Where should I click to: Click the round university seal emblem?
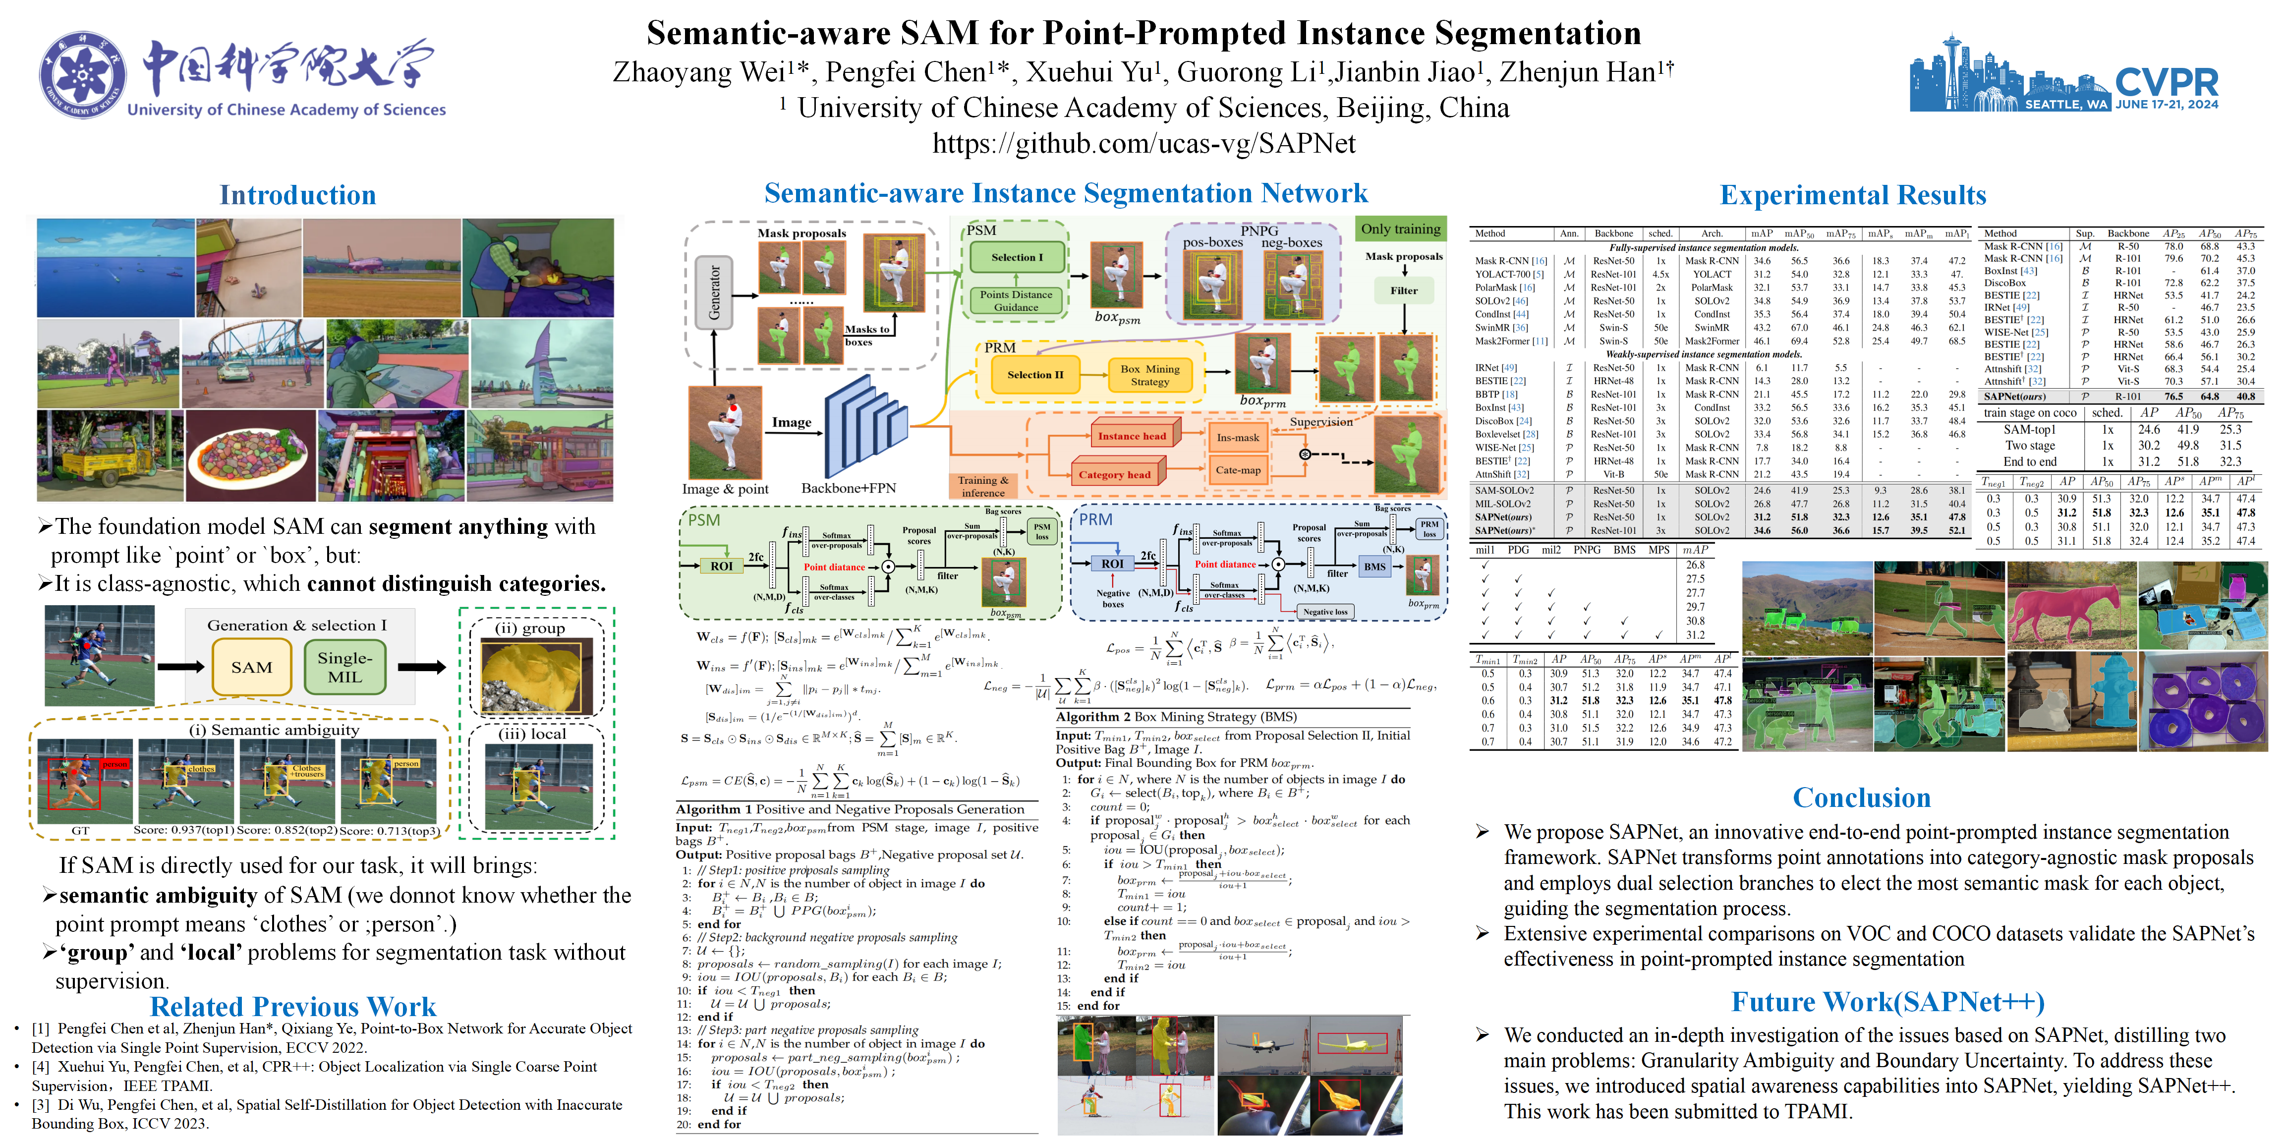coord(82,75)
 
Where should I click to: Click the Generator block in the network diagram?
coord(714,292)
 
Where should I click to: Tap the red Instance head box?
coord(1132,435)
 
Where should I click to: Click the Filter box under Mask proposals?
coord(1404,291)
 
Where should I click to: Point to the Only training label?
coord(1400,229)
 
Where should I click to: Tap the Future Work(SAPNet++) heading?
coord(1887,1002)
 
